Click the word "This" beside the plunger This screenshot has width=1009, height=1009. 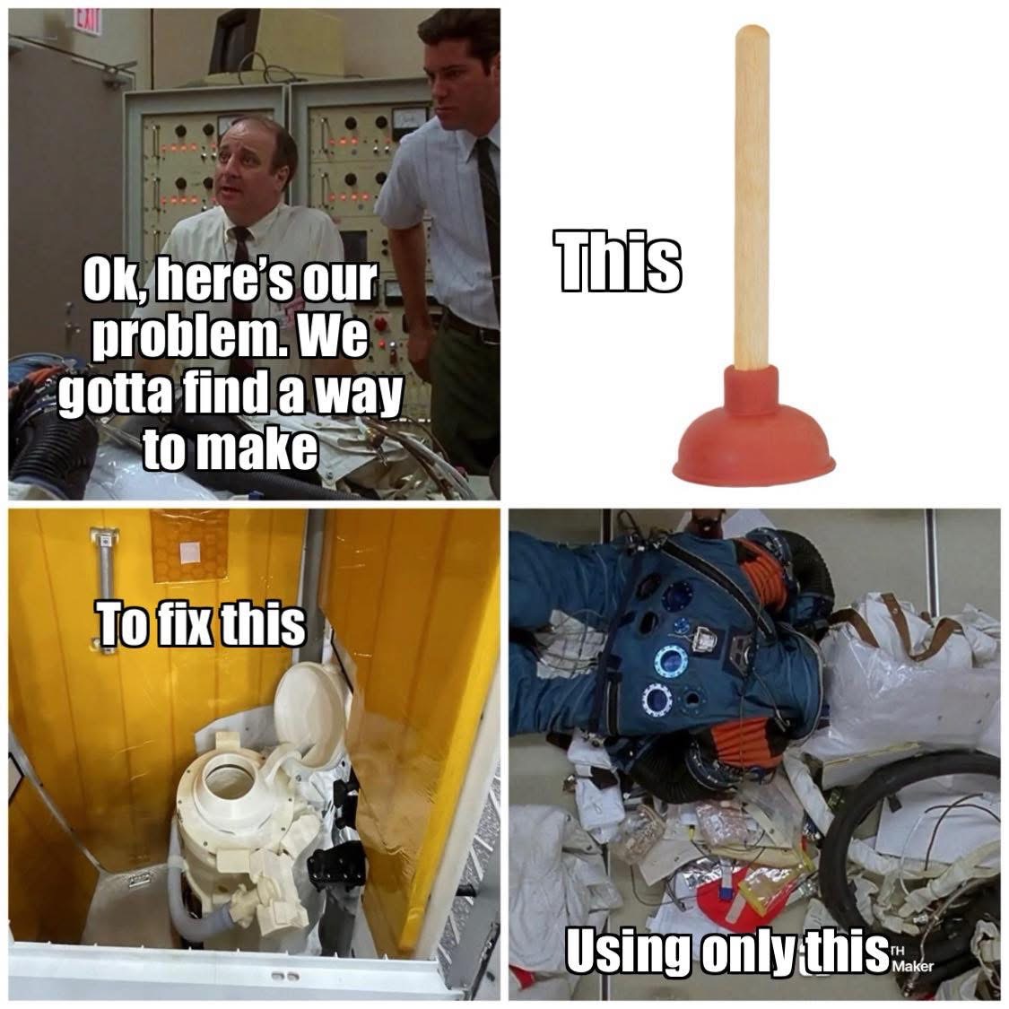coord(616,264)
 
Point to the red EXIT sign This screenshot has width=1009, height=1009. coord(86,22)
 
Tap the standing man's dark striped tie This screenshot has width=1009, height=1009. coord(488,206)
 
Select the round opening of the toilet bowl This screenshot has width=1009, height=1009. coord(231,781)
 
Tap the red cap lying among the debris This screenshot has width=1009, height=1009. coord(727,900)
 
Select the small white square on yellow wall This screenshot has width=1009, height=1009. coord(191,552)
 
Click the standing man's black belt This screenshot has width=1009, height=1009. coord(471,326)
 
